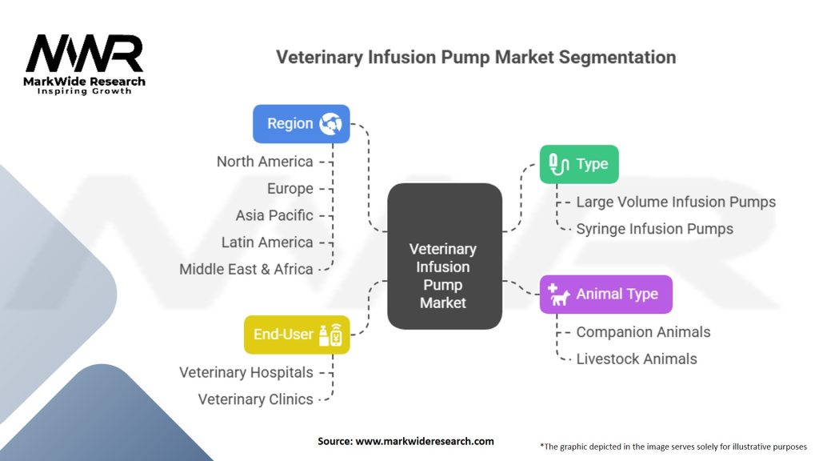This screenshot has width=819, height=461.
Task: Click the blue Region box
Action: click(302, 124)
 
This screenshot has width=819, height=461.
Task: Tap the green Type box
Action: click(579, 164)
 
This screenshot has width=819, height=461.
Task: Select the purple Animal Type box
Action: click(605, 294)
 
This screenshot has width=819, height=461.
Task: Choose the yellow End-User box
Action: click(297, 335)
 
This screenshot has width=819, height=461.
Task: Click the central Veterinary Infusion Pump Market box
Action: click(444, 257)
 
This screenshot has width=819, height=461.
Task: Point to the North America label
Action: click(265, 162)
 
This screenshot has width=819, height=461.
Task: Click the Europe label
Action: click(290, 189)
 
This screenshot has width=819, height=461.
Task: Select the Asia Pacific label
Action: click(274, 215)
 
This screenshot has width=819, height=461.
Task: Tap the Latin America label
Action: click(267, 243)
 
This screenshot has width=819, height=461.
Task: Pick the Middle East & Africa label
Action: click(246, 270)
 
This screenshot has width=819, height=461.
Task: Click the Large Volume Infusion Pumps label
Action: click(676, 202)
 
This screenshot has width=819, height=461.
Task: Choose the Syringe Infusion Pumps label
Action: click(654, 229)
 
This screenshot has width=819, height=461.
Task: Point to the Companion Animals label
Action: click(643, 331)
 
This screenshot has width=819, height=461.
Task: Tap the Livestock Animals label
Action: click(637, 359)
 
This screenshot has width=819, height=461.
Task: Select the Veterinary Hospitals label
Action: click(246, 372)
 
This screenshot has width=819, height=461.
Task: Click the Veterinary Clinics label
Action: click(256, 399)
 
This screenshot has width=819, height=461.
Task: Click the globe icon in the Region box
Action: click(330, 124)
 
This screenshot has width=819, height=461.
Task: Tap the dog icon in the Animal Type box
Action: click(560, 295)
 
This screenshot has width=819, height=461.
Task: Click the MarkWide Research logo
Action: click(85, 64)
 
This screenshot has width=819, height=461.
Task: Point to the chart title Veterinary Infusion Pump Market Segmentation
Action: click(476, 58)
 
